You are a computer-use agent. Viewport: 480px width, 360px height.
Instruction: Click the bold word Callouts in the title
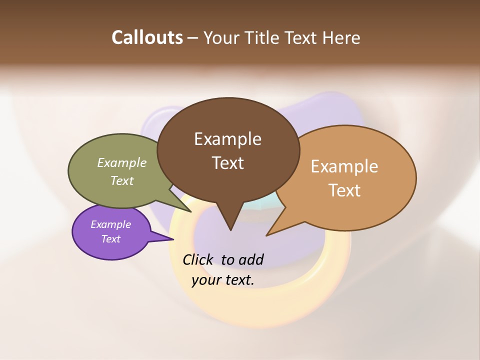pos(147,37)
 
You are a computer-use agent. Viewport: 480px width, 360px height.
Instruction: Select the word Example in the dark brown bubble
pos(227,139)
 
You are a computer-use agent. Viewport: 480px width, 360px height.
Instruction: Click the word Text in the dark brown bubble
pos(227,163)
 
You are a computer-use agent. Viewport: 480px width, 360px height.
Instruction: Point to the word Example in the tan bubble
pos(344,166)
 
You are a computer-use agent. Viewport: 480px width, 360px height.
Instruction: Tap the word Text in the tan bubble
pos(344,190)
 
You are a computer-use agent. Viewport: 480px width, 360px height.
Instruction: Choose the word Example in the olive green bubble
pos(122,162)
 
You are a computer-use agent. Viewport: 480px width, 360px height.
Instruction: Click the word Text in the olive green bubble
pos(122,180)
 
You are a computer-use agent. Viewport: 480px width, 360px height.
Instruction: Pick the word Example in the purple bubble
pos(110,224)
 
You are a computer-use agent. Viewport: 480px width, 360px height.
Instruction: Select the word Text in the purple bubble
pos(110,239)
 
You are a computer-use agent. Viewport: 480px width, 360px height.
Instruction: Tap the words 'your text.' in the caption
pos(223,280)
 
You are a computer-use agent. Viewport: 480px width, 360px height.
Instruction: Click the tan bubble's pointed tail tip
pos(267,235)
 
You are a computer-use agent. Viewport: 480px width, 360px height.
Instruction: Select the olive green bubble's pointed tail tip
pos(190,211)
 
